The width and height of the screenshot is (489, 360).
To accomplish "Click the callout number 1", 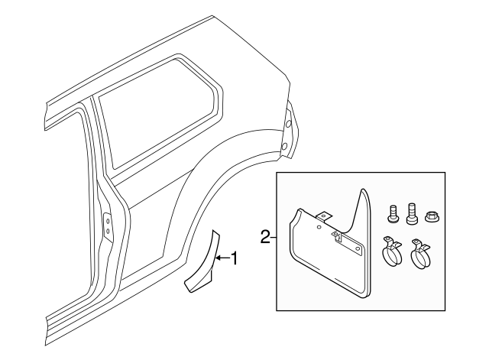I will pos(235,259).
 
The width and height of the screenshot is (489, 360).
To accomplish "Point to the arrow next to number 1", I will pos(222,259).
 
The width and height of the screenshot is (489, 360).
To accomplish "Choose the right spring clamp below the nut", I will pos(420,257).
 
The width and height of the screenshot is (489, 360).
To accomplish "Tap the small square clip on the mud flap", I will pos(336,237).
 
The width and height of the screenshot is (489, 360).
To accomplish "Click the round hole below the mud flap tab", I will pos(318,226).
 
